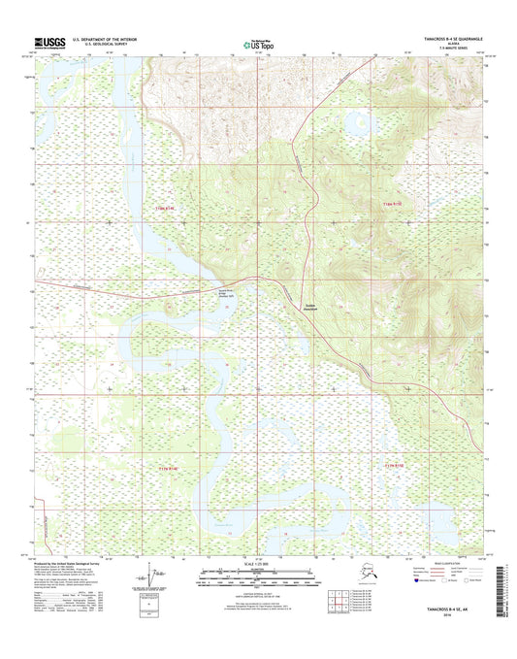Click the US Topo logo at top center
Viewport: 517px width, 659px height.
(258, 44)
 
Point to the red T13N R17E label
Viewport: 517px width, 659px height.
(168, 207)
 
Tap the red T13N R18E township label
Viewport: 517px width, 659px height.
(395, 207)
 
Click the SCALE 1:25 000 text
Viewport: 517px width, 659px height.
(258, 564)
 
